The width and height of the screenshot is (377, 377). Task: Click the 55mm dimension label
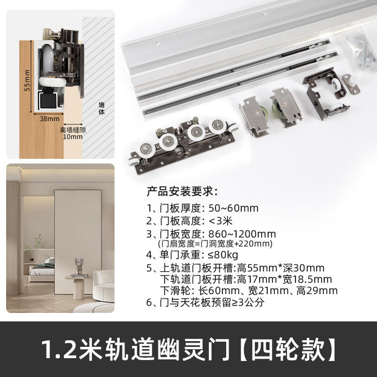coord(27,80)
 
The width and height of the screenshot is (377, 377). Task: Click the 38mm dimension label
coord(49,119)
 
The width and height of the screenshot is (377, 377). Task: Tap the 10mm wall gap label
coord(73,137)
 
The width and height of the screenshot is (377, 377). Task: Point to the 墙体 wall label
coord(102,108)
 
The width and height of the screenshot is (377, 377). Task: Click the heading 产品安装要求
coord(182,191)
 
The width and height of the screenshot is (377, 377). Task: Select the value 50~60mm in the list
coord(233,208)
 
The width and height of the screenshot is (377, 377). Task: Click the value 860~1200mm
coord(242,234)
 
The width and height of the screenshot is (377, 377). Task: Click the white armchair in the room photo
coord(104,286)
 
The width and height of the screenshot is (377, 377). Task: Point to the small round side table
coord(78,287)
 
